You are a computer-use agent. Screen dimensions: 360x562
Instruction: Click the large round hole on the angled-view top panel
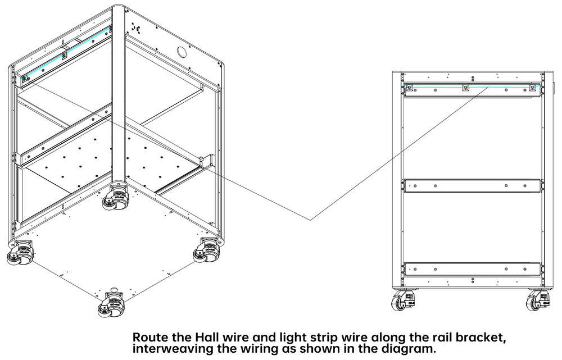[182, 52]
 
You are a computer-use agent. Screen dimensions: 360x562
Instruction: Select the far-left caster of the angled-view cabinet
[18, 253]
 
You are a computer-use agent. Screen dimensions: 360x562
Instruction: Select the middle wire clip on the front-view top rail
[464, 88]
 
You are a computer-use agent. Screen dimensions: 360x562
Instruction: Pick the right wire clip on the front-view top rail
[533, 88]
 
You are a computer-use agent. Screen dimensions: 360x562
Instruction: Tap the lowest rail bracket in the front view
[472, 268]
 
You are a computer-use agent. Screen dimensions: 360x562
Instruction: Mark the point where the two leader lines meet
[310, 219]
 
